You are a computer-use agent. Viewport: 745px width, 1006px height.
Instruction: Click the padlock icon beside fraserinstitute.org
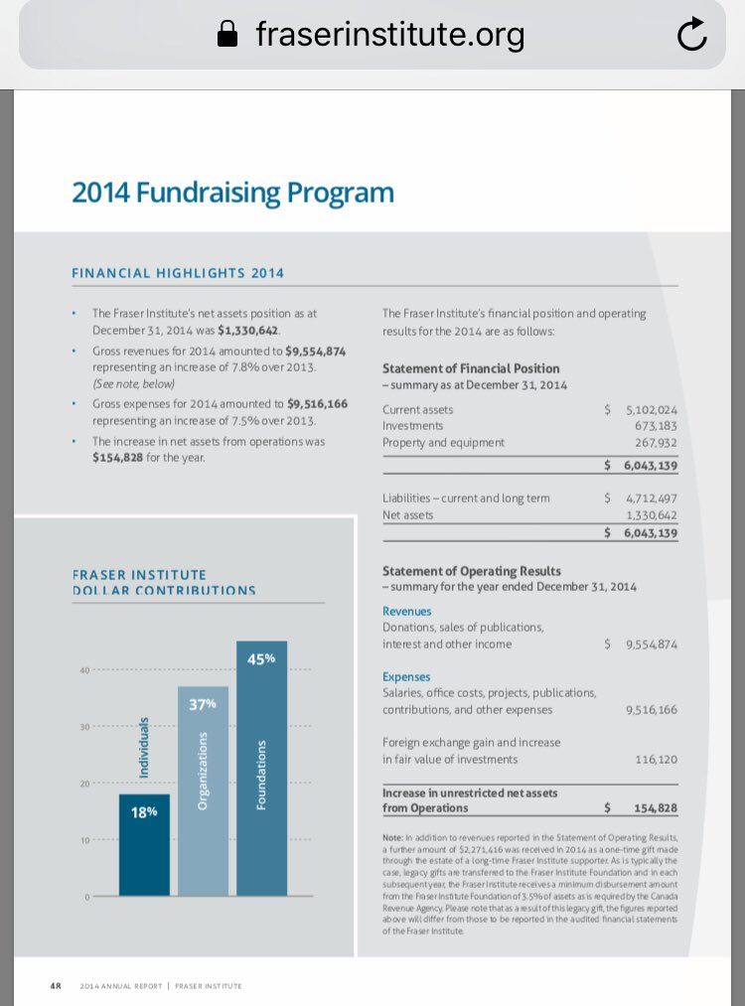(228, 36)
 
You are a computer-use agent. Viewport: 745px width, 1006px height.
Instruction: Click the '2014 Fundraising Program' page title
(232, 192)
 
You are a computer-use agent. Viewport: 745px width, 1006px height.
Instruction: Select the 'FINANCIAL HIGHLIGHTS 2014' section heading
(178, 273)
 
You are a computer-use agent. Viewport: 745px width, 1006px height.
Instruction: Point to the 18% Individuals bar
(144, 844)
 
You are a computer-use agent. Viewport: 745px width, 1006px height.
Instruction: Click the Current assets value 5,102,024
(651, 409)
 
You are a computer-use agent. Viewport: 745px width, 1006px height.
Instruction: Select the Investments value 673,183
(656, 426)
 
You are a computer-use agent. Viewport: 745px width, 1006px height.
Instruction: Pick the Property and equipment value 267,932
(656, 443)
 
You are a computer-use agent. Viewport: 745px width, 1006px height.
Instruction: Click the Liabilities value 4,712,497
(651, 499)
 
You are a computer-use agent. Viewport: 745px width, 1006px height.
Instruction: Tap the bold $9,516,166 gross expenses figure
(317, 404)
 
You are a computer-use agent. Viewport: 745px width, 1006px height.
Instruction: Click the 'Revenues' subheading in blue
(406, 612)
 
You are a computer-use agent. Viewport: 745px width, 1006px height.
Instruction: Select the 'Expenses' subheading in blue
(406, 676)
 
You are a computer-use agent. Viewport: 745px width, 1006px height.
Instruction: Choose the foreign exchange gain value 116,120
(656, 759)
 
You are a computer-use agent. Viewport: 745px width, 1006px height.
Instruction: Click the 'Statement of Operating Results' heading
(471, 571)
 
